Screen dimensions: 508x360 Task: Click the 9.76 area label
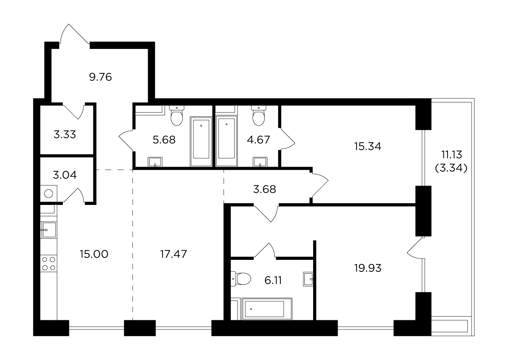point(100,77)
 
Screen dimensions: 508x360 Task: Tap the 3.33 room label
point(65,134)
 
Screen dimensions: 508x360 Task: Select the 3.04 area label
point(65,175)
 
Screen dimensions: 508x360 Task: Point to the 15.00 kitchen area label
point(94,254)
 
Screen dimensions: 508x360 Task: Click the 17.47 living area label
point(173,254)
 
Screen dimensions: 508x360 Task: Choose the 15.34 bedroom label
point(368,146)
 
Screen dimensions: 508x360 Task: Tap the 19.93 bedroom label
point(368,268)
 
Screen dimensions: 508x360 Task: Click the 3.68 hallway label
point(264,189)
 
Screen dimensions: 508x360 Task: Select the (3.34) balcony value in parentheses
point(451,168)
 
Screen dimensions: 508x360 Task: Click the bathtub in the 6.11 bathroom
point(264,309)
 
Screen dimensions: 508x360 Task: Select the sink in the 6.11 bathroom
point(308,279)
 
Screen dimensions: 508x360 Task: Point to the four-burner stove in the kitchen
point(48,264)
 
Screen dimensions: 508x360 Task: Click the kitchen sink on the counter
point(48,230)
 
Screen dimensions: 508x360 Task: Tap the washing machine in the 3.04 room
point(48,193)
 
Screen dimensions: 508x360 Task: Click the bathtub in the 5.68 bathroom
point(201,142)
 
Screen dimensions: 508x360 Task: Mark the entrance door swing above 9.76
point(74,35)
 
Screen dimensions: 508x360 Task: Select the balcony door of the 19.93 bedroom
point(416,248)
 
